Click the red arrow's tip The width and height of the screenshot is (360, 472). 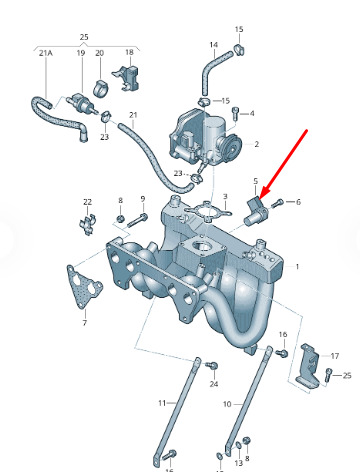point(260,199)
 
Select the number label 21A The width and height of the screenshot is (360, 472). point(46,53)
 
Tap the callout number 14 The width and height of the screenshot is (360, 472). point(214,45)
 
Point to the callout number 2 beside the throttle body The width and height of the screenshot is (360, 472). point(256,144)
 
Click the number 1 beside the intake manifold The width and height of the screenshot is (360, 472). point(297,267)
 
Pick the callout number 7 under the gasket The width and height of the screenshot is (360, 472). point(85,323)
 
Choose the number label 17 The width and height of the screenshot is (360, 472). point(335,356)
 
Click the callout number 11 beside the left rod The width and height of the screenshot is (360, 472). point(162,403)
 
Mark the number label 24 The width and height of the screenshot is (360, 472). point(214,384)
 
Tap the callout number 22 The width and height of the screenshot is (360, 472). point(87,202)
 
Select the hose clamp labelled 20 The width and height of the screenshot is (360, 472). point(100,88)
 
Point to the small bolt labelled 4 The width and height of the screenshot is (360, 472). point(236,113)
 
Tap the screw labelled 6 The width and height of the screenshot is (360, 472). point(277,203)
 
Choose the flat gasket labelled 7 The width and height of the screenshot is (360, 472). point(83,287)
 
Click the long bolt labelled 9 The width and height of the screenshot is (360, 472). point(137,220)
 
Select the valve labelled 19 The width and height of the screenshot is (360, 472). point(82,103)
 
